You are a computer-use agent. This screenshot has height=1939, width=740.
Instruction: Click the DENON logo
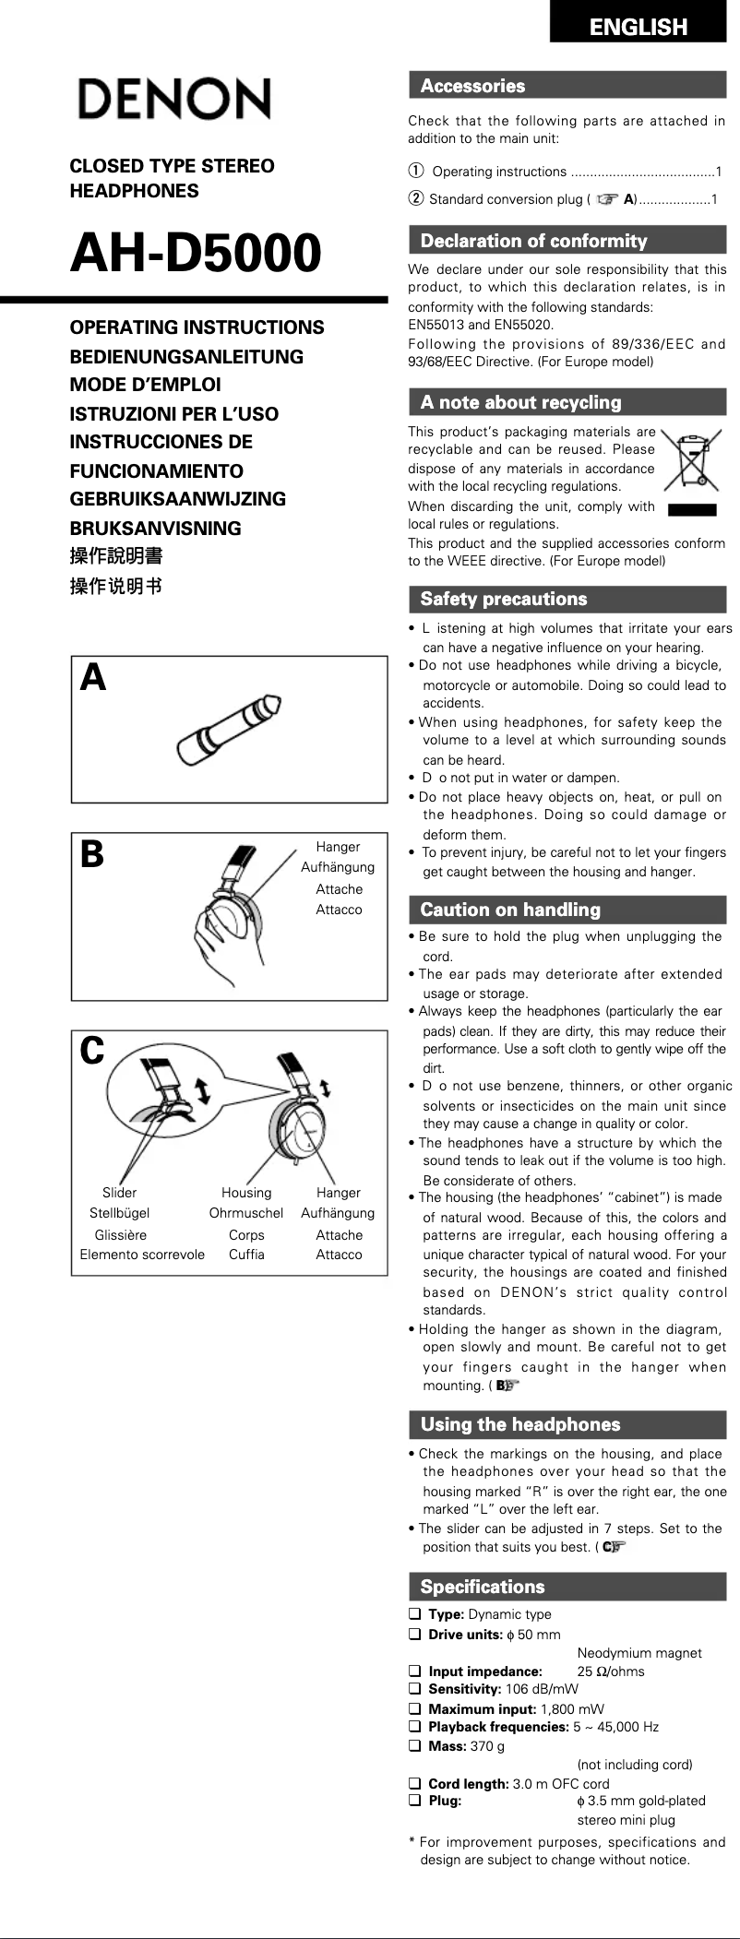click(x=173, y=99)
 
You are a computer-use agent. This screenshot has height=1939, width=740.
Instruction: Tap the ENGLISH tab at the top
click(x=638, y=27)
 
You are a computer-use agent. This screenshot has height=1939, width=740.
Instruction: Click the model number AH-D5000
click(x=196, y=253)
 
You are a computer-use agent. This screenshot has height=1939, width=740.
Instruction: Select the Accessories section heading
click(x=472, y=86)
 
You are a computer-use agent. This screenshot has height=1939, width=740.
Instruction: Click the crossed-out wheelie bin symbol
click(x=689, y=459)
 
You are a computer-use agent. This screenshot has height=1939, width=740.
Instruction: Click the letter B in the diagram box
click(x=92, y=854)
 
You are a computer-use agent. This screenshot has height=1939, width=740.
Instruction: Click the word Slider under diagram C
click(x=119, y=1193)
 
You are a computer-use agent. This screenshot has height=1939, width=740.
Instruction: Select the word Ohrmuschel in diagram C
click(x=245, y=1213)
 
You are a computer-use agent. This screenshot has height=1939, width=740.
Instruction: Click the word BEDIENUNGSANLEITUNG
click(x=186, y=356)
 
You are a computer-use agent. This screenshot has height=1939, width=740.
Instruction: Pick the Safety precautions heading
click(x=503, y=599)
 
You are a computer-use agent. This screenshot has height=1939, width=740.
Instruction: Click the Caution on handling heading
click(x=509, y=910)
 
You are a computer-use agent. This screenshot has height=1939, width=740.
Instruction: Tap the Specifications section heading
click(x=482, y=1587)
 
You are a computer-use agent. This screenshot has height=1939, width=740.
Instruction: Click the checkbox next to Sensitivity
click(x=414, y=1688)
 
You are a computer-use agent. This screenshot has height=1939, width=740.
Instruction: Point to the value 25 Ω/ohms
click(x=611, y=1671)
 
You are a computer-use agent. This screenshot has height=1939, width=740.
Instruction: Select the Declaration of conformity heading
click(x=533, y=241)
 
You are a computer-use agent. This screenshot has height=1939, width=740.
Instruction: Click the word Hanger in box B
click(x=338, y=847)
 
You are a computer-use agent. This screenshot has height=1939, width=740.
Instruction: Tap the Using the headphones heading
click(x=519, y=1423)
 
